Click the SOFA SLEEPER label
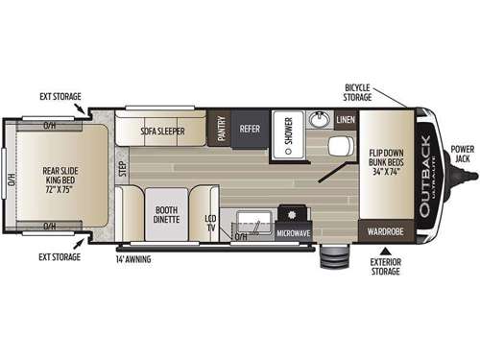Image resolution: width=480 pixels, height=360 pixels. (x=163, y=129)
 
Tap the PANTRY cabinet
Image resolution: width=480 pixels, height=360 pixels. (x=221, y=129)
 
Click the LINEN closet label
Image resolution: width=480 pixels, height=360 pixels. (x=346, y=120)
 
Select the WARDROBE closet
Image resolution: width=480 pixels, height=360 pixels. (x=386, y=231)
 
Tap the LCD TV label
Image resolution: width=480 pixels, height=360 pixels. (x=210, y=222)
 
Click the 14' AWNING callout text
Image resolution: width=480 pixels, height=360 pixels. (x=135, y=258)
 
